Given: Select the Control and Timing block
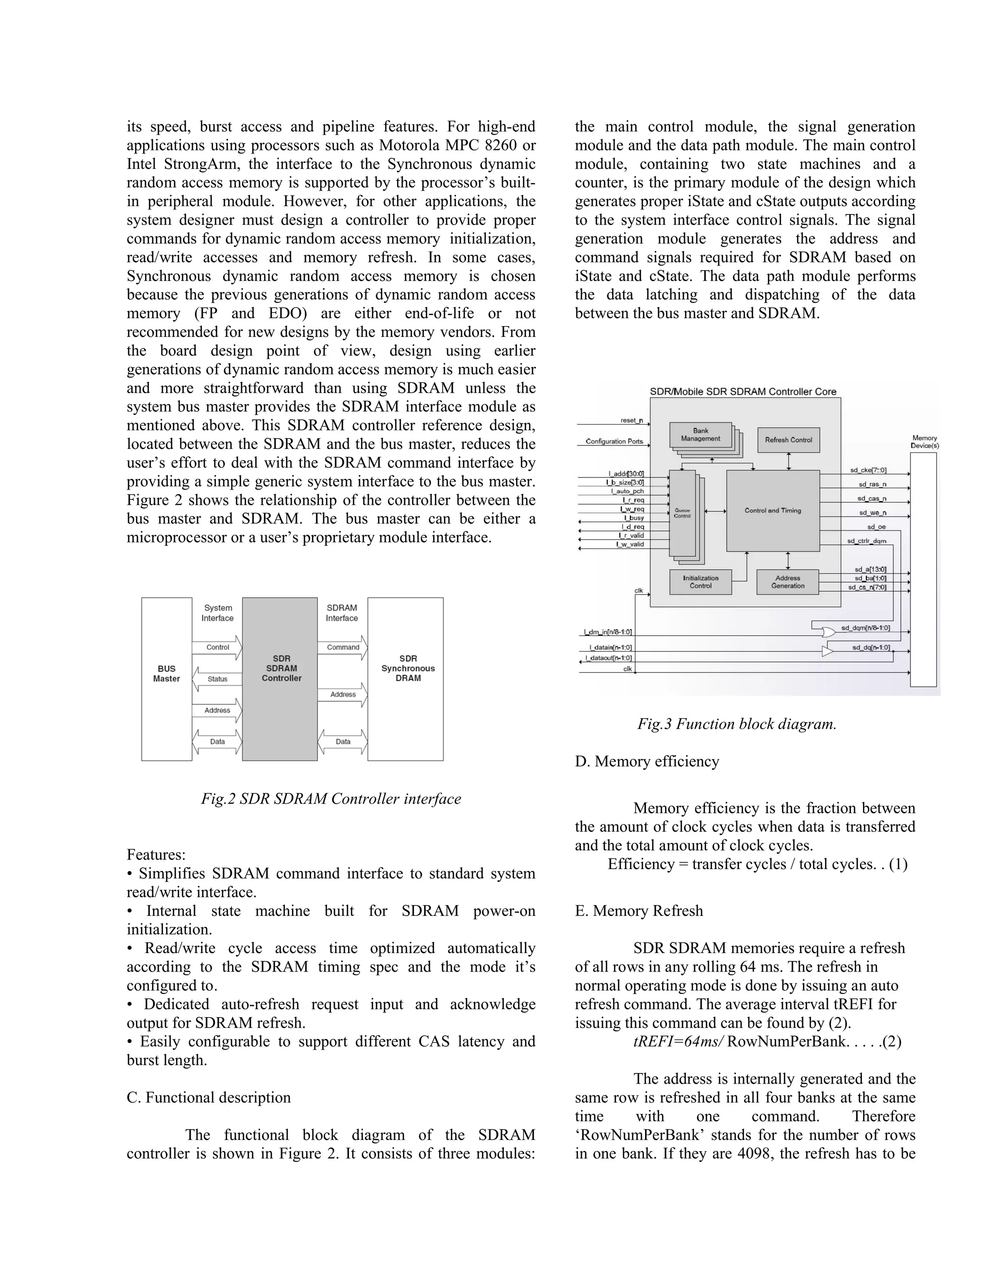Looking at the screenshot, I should (x=773, y=511).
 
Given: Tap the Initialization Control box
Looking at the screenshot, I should (x=701, y=582).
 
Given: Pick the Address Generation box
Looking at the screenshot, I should (x=787, y=582).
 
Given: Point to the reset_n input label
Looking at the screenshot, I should (x=631, y=420).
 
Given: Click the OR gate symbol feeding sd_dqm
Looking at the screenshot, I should (x=828, y=632).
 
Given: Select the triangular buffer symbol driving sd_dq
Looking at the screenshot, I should (x=828, y=651).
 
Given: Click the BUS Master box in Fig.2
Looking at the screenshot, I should (x=166, y=678).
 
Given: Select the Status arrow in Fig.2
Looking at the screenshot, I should (x=217, y=679).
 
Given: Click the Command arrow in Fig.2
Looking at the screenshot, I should (x=343, y=647).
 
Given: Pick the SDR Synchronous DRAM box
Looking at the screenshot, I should (x=406, y=678).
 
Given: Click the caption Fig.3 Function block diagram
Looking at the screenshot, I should (x=737, y=724).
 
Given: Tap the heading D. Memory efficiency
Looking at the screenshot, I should (x=646, y=761).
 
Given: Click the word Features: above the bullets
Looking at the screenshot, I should (x=156, y=855).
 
